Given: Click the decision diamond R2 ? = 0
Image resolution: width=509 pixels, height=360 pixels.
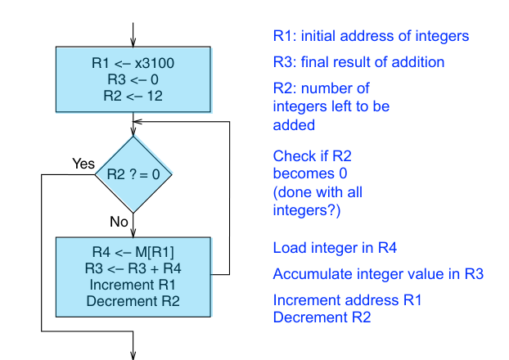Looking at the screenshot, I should point(132,173).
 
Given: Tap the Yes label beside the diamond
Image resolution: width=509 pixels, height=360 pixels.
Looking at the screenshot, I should point(83,164).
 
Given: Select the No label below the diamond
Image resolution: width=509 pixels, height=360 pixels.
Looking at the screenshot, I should point(119,222).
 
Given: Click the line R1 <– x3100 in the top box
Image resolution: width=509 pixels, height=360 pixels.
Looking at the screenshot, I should point(133,62).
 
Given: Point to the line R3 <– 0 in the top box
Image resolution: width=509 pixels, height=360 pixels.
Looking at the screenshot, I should point(133,79).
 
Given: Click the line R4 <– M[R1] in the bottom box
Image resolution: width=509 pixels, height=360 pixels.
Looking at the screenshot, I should point(132,251).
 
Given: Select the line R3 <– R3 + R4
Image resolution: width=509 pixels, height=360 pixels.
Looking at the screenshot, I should point(132,268).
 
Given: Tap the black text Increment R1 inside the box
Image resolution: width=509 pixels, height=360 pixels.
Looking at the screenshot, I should point(132,284).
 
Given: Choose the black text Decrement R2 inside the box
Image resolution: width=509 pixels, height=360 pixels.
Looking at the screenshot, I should point(132,300).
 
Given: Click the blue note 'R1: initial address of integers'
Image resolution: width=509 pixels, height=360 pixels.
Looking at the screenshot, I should point(371,37).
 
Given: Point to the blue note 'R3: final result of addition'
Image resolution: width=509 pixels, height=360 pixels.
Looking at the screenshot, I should point(358,62).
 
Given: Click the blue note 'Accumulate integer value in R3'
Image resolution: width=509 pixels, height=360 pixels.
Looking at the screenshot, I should point(377,274).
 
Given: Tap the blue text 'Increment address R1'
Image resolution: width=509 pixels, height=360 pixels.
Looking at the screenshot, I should point(347,300).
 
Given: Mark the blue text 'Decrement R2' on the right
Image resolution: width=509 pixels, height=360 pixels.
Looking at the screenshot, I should point(322,317).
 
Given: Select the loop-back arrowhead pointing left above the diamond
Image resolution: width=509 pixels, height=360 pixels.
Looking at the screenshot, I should point(139,124).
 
